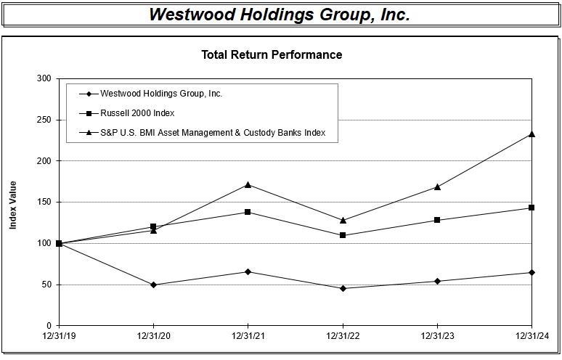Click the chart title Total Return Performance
point(271,54)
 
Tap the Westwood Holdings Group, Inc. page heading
point(280,15)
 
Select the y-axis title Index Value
point(13,205)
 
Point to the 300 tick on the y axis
point(44,78)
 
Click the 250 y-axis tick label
point(44,120)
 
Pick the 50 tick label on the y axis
point(46,285)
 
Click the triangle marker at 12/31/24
point(532,134)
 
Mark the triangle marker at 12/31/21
point(248,184)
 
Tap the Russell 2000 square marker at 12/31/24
point(532,208)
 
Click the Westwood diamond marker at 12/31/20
point(153,285)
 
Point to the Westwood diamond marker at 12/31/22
point(343,288)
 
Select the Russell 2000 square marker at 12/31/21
point(248,212)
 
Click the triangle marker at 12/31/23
point(437,187)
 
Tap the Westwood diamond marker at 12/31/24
point(532,272)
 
